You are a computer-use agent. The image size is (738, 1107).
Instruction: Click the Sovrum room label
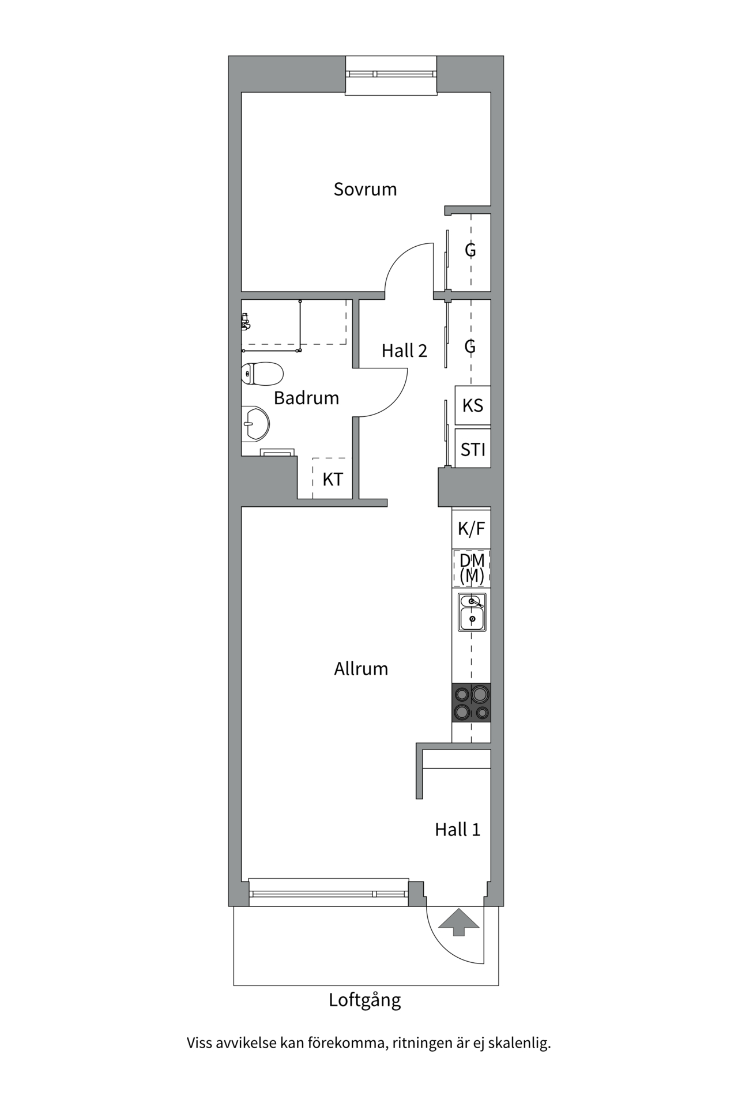(x=365, y=189)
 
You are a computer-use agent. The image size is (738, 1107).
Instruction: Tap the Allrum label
(x=361, y=669)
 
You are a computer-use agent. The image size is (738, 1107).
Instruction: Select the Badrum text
(x=306, y=398)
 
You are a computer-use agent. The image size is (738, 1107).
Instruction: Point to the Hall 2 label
(x=404, y=351)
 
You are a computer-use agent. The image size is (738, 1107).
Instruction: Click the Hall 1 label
(x=457, y=830)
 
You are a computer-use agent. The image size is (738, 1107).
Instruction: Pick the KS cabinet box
(x=472, y=405)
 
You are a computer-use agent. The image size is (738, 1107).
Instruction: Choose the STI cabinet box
(x=472, y=449)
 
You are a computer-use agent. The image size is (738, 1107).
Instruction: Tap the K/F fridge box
(x=471, y=529)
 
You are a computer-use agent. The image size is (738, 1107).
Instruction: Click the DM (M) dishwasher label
(x=472, y=568)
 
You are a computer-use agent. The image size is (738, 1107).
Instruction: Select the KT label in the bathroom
(x=333, y=479)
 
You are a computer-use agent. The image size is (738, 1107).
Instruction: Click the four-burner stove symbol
(x=471, y=703)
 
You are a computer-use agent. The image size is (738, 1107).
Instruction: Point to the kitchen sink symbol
(x=472, y=612)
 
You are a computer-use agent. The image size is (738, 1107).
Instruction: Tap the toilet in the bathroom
(x=262, y=373)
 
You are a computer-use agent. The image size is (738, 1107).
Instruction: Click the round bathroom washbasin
(x=255, y=424)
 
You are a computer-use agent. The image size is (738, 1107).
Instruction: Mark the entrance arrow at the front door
(x=458, y=921)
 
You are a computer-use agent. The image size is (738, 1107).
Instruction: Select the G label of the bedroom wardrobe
(x=470, y=250)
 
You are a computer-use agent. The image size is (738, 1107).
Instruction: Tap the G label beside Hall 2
(x=470, y=347)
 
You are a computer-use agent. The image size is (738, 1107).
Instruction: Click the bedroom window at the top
(x=390, y=74)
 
